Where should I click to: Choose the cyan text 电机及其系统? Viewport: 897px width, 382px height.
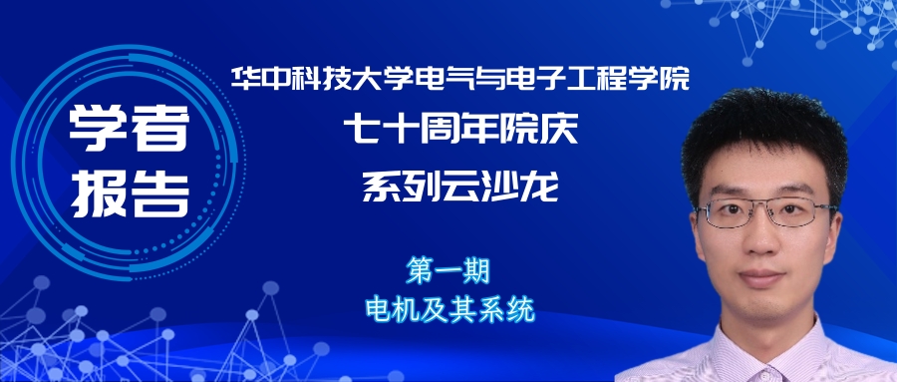point(449,307)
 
